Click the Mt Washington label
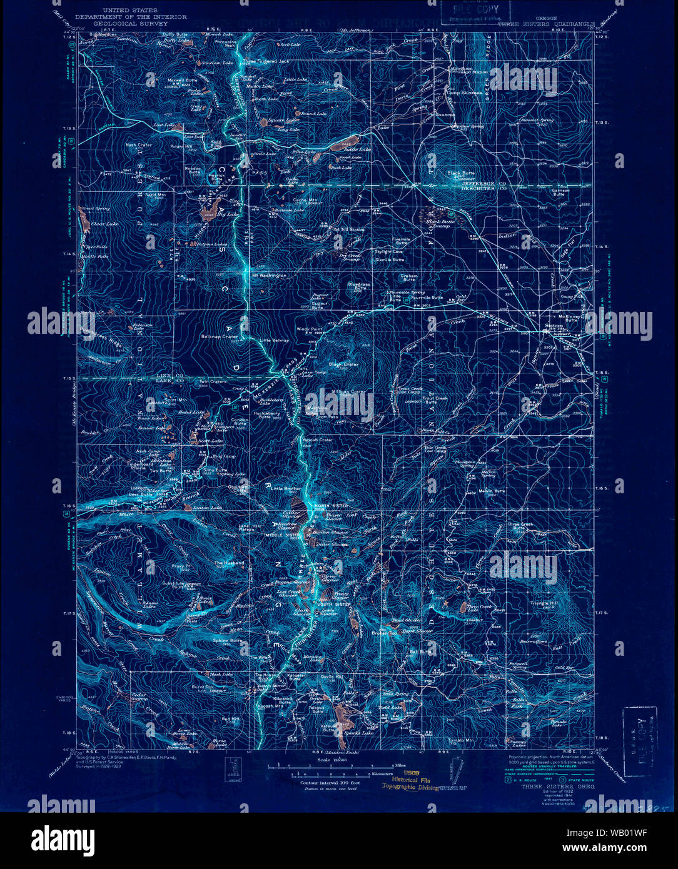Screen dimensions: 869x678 [x=270, y=275]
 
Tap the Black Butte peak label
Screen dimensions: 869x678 [x=461, y=173]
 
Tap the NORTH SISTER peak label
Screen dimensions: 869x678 [x=331, y=505]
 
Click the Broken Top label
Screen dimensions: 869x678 [x=384, y=634]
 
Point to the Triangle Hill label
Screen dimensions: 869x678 [x=544, y=603]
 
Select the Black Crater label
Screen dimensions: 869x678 [x=343, y=364]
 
